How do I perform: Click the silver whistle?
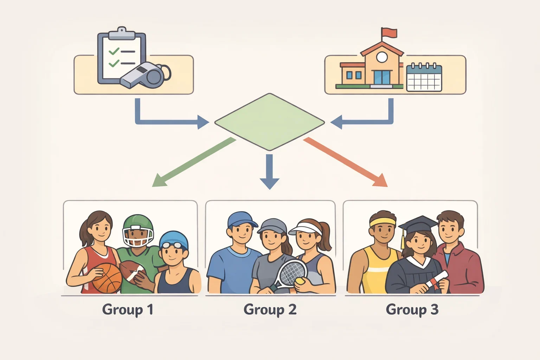[144, 75]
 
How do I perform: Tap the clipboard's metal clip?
[122, 33]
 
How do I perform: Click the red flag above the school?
[388, 33]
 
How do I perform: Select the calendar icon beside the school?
[424, 77]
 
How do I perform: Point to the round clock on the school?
[382, 57]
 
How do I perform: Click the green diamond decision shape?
[270, 122]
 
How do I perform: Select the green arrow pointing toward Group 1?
[194, 162]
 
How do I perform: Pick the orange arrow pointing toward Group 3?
[345, 162]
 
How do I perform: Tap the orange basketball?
[107, 278]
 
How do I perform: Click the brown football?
[132, 271]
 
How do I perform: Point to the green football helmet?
[138, 230]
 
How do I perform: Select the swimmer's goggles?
[172, 245]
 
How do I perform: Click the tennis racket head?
[292, 272]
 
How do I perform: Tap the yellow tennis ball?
[300, 281]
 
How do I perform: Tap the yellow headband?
[382, 222]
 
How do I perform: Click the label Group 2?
[270, 310]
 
